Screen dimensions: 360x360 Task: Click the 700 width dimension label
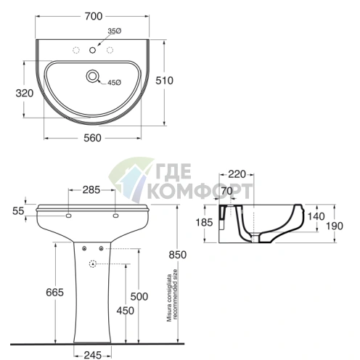point(94,16)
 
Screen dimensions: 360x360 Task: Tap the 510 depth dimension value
point(164,81)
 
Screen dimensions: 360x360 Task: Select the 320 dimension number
point(25,93)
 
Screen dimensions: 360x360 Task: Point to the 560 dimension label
point(92,138)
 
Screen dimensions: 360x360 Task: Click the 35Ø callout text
point(115,31)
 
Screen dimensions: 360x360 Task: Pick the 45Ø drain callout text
point(114,83)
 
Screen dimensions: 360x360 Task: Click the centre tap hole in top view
point(92,50)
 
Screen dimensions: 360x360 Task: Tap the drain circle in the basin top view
point(92,76)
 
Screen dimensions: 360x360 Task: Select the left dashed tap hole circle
point(76,50)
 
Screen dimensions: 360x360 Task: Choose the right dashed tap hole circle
point(110,50)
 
